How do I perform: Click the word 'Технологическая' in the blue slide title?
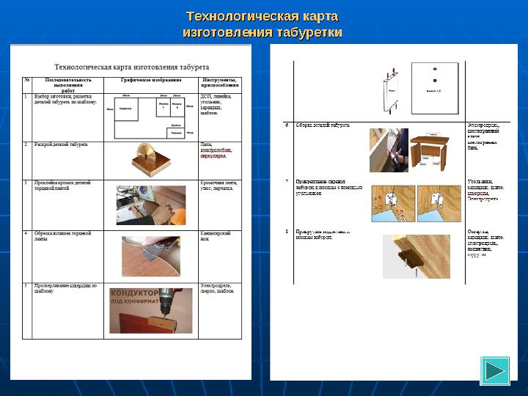coord(233,16)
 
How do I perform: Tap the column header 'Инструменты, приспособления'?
coord(219,82)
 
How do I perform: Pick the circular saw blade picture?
coord(151,159)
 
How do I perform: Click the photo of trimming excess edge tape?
coord(151,254)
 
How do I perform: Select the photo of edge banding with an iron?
coord(151,205)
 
